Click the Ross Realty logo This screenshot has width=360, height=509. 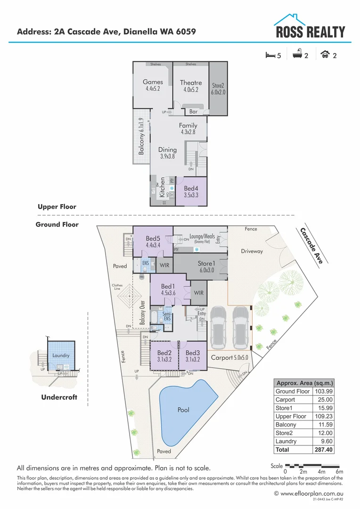click(x=310, y=27)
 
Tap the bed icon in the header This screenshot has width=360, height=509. click(x=270, y=55)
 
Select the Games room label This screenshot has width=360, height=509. click(x=153, y=82)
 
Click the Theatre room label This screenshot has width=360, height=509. click(x=191, y=82)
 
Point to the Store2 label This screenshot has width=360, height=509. click(x=218, y=86)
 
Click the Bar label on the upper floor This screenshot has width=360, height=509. click(x=193, y=112)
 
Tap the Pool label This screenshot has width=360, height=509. click(x=183, y=410)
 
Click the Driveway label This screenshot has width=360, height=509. click(x=252, y=251)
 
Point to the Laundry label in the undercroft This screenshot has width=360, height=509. click(x=61, y=355)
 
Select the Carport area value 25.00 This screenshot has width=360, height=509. click(x=326, y=400)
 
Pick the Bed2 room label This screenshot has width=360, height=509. click(x=164, y=353)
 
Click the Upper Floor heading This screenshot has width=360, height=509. click(x=57, y=207)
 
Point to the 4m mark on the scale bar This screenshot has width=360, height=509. click(x=322, y=472)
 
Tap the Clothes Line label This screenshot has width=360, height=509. click(x=117, y=287)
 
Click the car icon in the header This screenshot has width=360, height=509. click(x=324, y=55)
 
